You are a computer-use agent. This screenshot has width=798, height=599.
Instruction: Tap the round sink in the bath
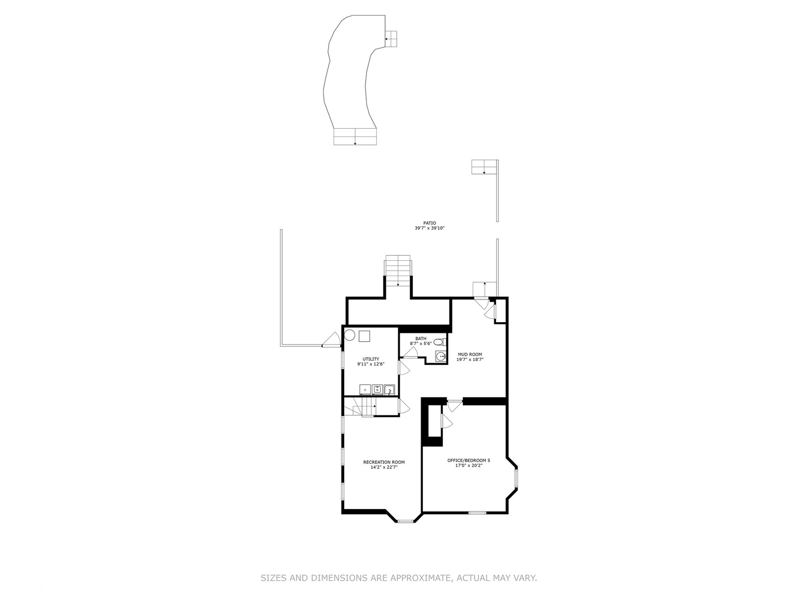click(441, 356)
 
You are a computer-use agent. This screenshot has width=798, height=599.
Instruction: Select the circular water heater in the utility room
click(350, 335)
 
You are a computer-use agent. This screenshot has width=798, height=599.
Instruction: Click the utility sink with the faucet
click(390, 389)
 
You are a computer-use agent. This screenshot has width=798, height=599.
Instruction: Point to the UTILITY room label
click(371, 359)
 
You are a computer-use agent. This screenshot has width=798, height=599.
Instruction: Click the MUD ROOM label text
click(469, 354)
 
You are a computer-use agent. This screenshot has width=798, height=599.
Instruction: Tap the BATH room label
click(421, 338)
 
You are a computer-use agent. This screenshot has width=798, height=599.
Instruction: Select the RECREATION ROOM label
click(383, 462)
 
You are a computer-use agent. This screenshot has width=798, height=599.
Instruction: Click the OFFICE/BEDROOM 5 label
click(468, 460)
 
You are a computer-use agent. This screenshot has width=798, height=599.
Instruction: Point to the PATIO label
click(429, 223)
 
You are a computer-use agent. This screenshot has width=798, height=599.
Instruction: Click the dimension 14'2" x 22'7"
click(383, 467)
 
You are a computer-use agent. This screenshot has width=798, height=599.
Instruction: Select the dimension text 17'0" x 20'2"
click(468, 465)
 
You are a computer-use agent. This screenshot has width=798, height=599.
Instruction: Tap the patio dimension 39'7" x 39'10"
click(429, 228)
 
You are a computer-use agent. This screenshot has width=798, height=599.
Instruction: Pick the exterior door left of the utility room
click(332, 340)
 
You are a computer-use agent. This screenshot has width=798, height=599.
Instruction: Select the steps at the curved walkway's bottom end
click(355, 136)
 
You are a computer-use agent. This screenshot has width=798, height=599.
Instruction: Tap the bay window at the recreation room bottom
click(405, 521)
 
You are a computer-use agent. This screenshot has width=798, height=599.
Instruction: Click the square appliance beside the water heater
click(364, 336)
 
